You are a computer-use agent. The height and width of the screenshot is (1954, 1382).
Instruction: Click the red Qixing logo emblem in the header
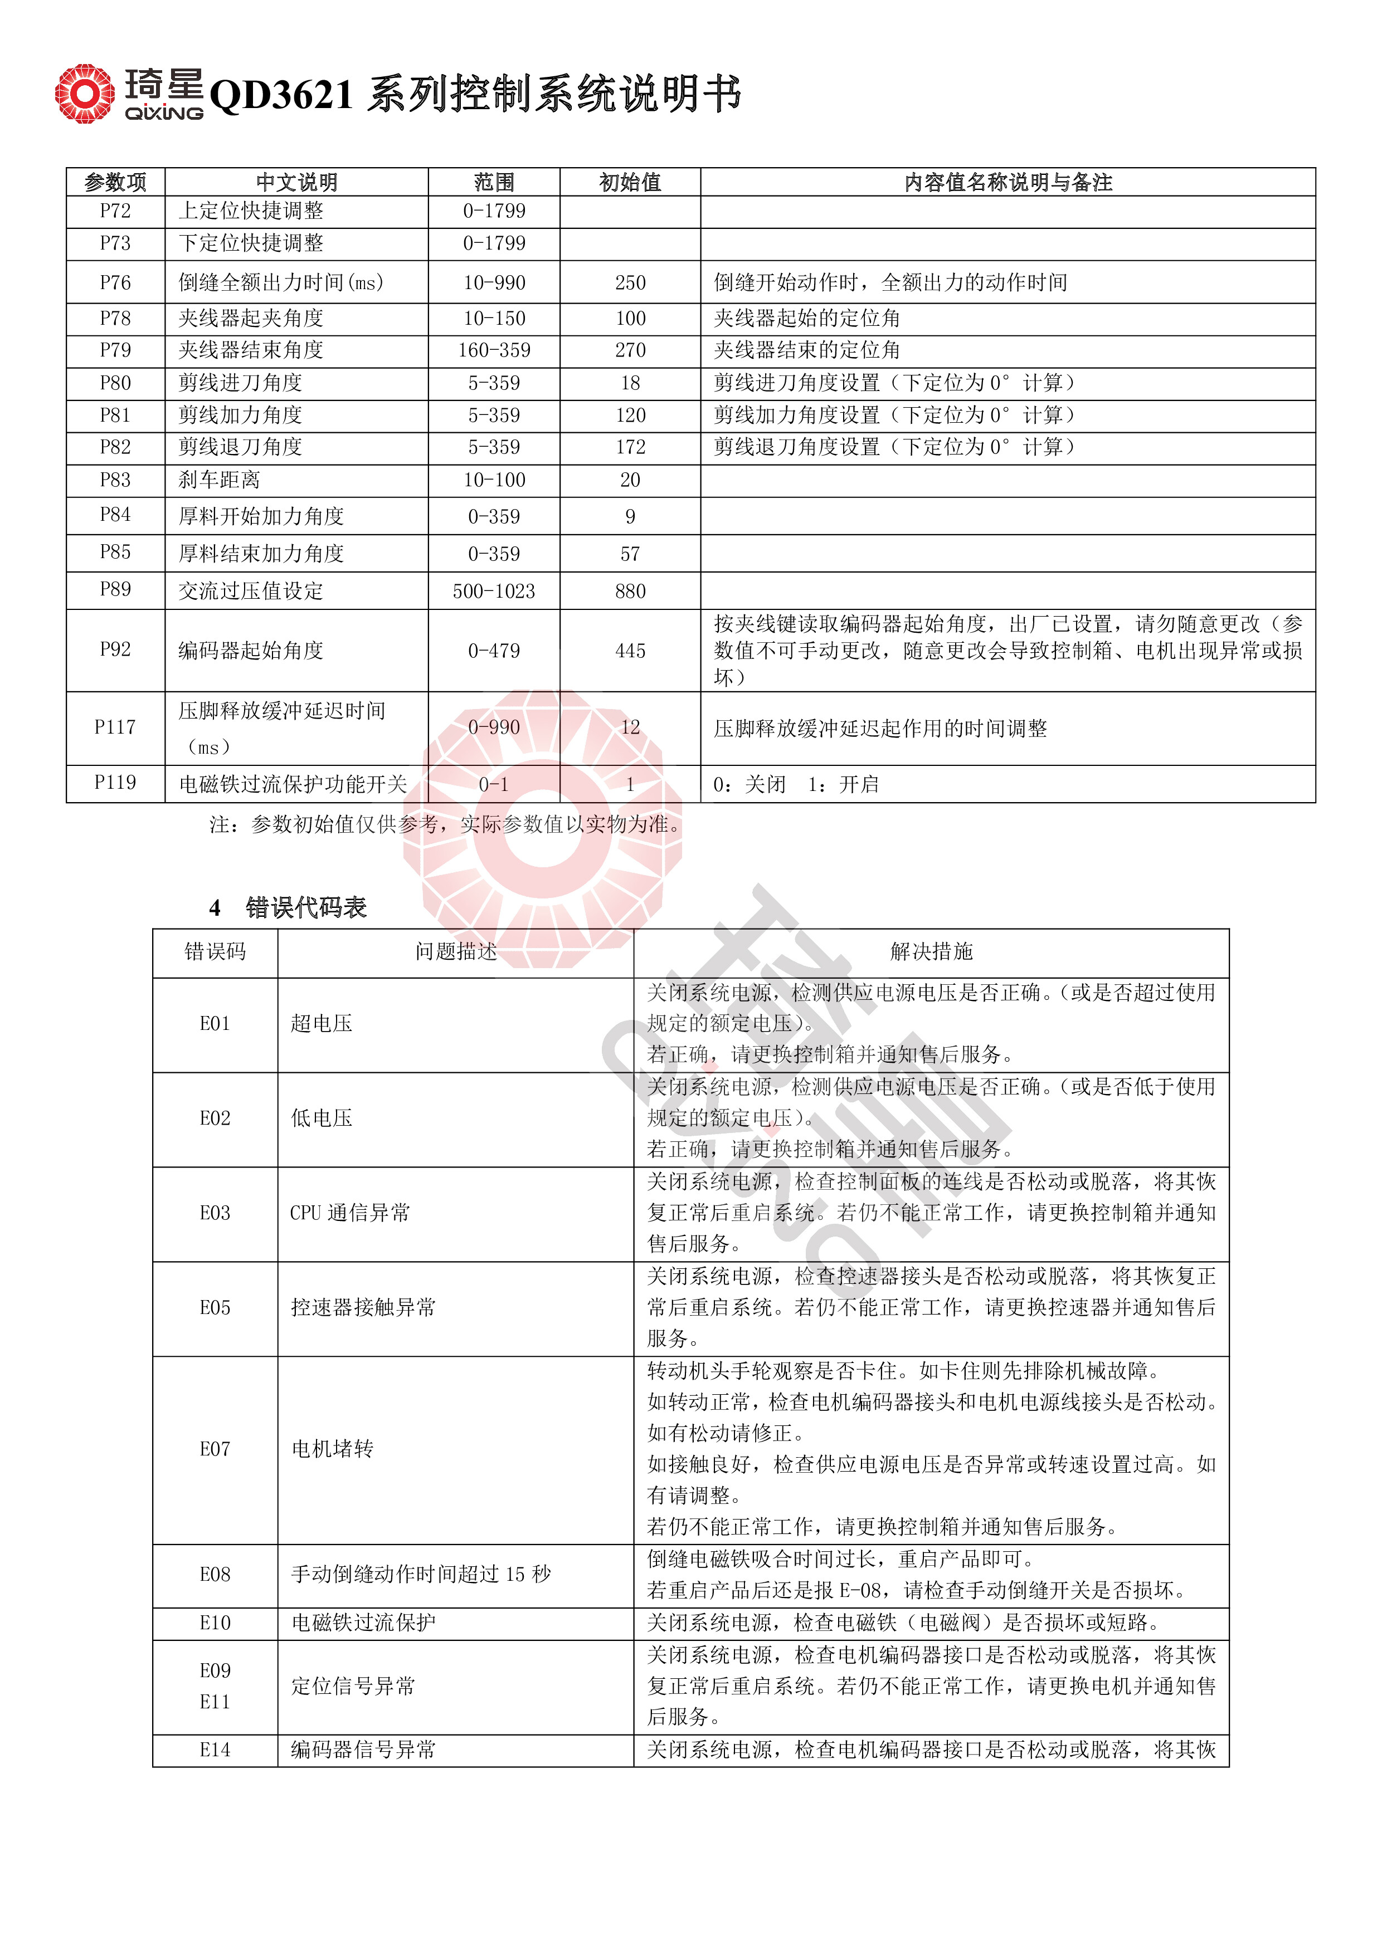click(84, 94)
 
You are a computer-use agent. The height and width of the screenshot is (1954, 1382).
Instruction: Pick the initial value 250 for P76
click(630, 282)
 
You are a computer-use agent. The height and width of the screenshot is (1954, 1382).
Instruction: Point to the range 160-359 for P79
click(494, 350)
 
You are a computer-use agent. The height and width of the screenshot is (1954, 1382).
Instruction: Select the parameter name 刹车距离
click(219, 480)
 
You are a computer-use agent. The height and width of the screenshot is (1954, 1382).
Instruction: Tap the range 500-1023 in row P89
click(494, 592)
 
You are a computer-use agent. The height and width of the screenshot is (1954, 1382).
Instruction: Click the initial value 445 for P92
click(630, 651)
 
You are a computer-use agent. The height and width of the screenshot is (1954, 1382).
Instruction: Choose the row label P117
click(115, 727)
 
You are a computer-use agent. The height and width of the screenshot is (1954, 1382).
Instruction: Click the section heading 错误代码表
click(306, 908)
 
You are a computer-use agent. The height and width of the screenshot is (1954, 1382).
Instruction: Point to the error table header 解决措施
click(931, 951)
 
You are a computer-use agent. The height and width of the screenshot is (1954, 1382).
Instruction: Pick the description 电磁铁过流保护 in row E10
click(363, 1623)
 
